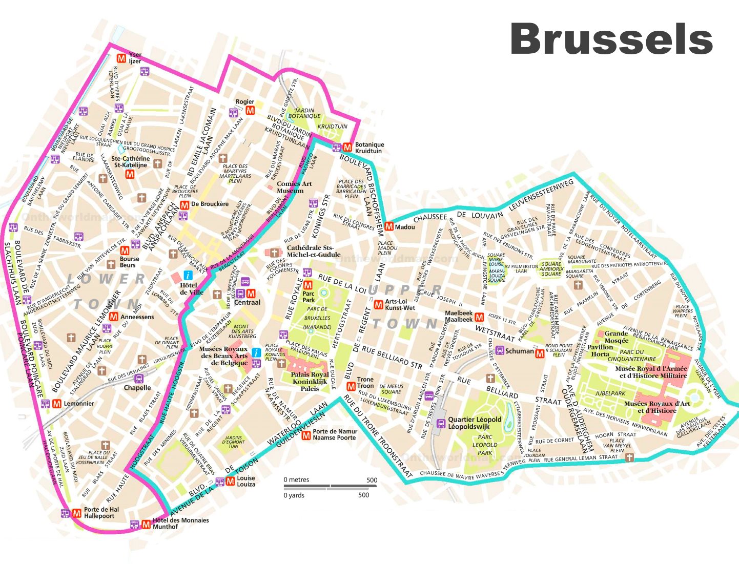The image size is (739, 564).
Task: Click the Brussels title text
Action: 611,39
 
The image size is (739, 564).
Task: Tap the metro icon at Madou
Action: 389,226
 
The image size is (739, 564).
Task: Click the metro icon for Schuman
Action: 540,353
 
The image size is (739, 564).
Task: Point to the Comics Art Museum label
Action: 294,187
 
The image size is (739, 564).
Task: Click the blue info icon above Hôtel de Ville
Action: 188,275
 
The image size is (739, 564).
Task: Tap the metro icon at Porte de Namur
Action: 306,435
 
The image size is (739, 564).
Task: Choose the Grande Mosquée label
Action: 616,337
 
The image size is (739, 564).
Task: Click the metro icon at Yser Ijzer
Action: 122,58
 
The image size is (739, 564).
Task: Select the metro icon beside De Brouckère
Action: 184,204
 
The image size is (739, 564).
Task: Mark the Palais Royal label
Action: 310,381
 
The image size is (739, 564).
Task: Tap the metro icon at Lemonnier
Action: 57,404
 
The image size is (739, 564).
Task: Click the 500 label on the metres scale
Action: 372,480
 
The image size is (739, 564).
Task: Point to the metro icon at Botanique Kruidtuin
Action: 347,147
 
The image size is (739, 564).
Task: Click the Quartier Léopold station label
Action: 475,423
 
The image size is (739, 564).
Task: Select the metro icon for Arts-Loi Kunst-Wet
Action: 378,305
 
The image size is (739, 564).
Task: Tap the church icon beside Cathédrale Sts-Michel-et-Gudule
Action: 275,253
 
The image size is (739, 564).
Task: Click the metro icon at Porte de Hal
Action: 77,513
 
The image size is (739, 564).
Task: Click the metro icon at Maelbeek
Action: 479,317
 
